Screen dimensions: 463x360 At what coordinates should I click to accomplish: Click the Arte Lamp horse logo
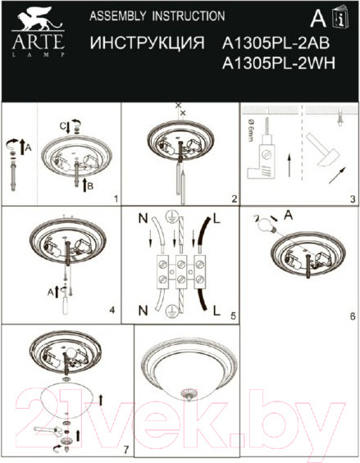point(29,22)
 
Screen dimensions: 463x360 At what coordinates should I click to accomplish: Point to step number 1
point(116,198)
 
